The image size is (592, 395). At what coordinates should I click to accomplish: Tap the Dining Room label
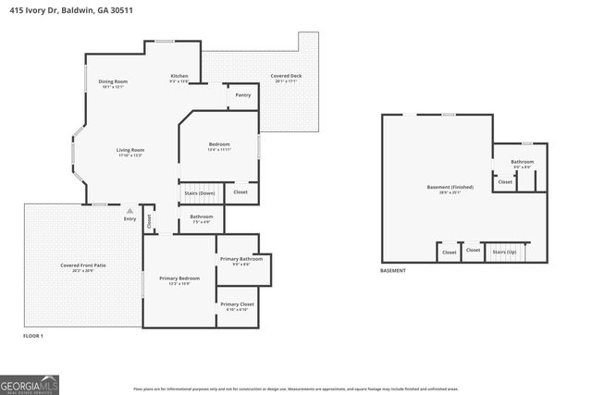pos(113,84)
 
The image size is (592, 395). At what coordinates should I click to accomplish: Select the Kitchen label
pos(179,79)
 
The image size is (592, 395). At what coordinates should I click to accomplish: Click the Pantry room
pos(242,95)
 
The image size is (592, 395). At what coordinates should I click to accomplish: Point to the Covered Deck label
pos(286,78)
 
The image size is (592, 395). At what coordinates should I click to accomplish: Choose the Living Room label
pos(129,152)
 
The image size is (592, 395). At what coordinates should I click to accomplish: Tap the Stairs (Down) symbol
pos(200,192)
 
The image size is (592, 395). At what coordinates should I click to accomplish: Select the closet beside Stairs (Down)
pos(240,192)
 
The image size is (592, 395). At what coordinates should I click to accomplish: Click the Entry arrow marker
pos(129,210)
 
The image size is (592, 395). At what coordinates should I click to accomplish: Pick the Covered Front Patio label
pos(83,267)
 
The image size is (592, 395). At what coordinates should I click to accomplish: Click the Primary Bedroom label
pos(179,280)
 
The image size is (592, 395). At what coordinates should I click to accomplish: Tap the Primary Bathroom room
pos(241,261)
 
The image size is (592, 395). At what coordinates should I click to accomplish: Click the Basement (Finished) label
pos(450,190)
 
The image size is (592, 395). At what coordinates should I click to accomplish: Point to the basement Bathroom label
pos(522,164)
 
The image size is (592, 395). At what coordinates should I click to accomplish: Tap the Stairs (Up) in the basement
pos(504,252)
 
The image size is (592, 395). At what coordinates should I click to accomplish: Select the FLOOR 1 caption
pos(33,336)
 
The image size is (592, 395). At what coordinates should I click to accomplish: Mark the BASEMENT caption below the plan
pos(392,271)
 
